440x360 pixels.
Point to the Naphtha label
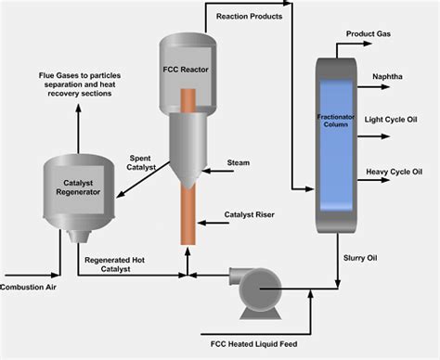(387, 76)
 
